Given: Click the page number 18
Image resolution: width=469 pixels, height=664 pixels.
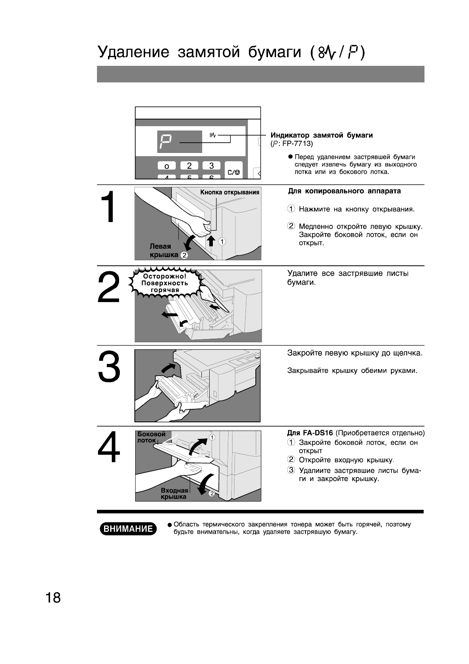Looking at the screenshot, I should [x=53, y=598].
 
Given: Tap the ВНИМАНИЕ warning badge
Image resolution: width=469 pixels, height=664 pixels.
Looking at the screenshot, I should [x=128, y=529].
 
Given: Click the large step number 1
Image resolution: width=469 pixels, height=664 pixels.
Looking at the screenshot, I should [x=107, y=208].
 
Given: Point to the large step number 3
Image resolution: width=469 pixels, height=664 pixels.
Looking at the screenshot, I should [x=108, y=367].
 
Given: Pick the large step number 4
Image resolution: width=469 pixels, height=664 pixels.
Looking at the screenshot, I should [x=108, y=448].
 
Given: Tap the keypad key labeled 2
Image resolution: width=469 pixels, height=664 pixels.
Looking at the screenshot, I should [x=189, y=166].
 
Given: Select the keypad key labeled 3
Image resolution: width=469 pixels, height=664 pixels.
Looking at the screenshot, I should [x=211, y=166].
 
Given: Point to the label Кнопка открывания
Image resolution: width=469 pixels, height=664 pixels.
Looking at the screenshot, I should [x=229, y=192].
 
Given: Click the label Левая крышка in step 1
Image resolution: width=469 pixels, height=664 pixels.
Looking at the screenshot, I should [x=163, y=251].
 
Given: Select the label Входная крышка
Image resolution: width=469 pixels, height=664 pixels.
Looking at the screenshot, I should [x=174, y=494].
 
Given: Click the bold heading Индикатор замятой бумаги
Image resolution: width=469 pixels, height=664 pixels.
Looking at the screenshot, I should [x=321, y=135].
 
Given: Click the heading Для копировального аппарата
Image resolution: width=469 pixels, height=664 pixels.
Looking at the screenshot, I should [x=344, y=191].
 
